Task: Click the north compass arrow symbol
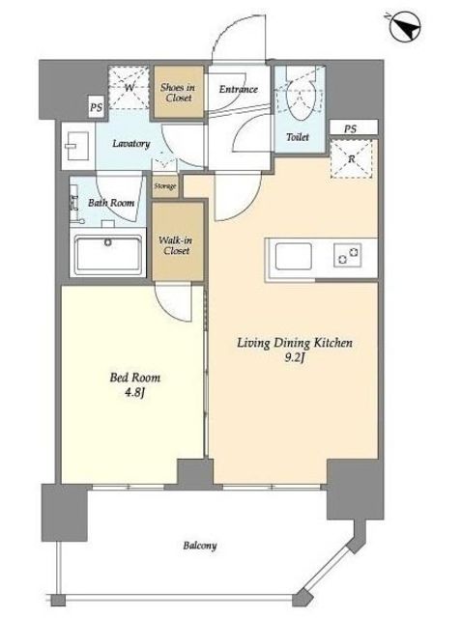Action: tap(405, 26)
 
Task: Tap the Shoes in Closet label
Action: tap(178, 93)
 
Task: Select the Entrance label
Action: tap(238, 89)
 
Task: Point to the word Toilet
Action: tap(298, 137)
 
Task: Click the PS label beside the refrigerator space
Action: tap(350, 128)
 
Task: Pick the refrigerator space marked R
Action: tap(352, 158)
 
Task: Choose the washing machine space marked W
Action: tap(129, 88)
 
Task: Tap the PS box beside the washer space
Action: tap(96, 107)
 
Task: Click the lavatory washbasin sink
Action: tap(78, 146)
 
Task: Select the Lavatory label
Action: tap(130, 143)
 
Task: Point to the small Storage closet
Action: tap(165, 185)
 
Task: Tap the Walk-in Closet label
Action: tap(176, 245)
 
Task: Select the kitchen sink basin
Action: tap(293, 257)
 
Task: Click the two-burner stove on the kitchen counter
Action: tap(347, 255)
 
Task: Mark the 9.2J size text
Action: tap(294, 358)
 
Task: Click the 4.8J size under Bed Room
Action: tap(134, 392)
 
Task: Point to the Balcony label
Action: tap(200, 546)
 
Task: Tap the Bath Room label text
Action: tap(111, 203)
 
